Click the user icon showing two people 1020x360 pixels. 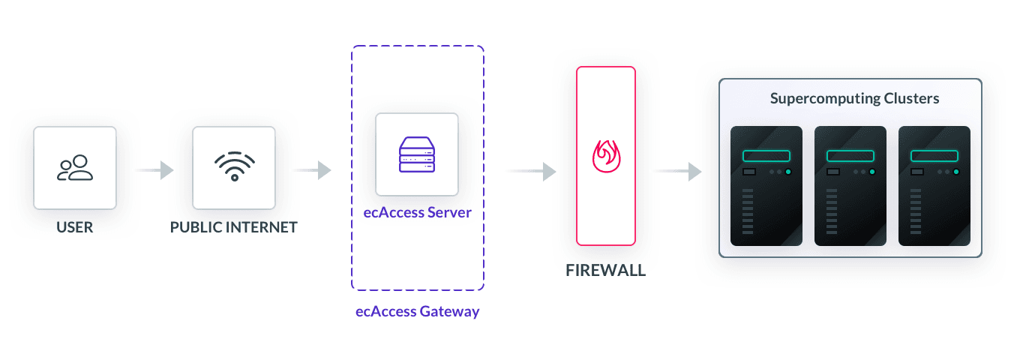coord(75,167)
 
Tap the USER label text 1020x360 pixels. coord(75,227)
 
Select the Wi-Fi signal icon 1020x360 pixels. coord(234,167)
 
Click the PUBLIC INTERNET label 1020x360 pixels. coord(234,227)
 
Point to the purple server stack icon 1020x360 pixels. coord(416,154)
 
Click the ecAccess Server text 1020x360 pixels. coord(416,212)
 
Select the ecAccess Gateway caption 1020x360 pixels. coord(417,311)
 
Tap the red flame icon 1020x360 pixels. coord(605,156)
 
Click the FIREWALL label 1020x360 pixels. coord(605,271)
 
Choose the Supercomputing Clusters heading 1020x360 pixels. coord(854,99)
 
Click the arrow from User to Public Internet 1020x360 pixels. coord(154,170)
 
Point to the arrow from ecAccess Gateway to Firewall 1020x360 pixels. coord(530,171)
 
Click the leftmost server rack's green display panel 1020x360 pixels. coord(766,156)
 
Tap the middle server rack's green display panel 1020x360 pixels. coord(850,156)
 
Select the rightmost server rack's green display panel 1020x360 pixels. coord(934,156)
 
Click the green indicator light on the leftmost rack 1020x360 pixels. coord(788,172)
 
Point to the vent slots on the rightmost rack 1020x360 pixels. coord(916,212)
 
